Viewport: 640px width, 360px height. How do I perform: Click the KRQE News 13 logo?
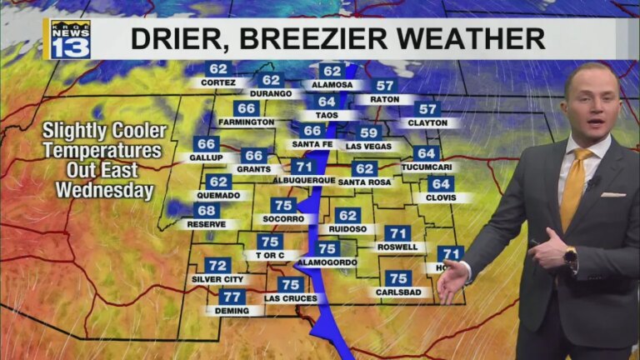pyautogui.click(x=70, y=39)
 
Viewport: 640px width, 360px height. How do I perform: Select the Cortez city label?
pyautogui.click(x=217, y=83)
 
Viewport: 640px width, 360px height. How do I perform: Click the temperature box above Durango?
pyautogui.click(x=272, y=80)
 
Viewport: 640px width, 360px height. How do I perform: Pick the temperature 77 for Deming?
pyautogui.click(x=232, y=297)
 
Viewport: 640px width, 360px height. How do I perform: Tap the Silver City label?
pyautogui.click(x=217, y=279)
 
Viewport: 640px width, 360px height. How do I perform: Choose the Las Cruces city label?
pyautogui.click(x=290, y=298)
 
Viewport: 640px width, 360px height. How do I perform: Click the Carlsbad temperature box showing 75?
pyautogui.click(x=398, y=278)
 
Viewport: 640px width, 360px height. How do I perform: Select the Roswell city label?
pyautogui.click(x=397, y=247)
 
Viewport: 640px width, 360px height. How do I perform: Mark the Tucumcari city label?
pyautogui.click(x=425, y=167)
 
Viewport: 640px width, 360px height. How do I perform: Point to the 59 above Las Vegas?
pyautogui.click(x=369, y=132)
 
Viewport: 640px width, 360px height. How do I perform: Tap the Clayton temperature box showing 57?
pyautogui.click(x=427, y=109)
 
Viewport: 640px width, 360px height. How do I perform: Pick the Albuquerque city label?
pyautogui.click(x=303, y=180)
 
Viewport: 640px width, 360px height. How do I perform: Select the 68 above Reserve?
pyautogui.click(x=207, y=211)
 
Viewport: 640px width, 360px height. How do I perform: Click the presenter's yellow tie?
pyautogui.click(x=573, y=188)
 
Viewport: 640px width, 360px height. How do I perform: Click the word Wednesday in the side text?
pyautogui.click(x=105, y=190)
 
